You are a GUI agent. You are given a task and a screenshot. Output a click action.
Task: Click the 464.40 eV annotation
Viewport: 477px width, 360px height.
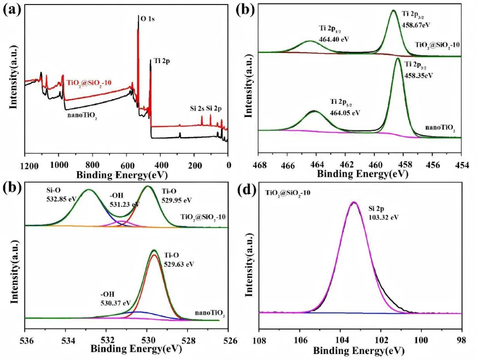tap(334, 38)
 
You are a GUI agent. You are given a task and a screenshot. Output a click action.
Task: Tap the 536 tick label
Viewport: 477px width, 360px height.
tap(26, 340)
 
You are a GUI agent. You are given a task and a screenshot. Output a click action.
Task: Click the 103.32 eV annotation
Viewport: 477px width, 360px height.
tap(383, 217)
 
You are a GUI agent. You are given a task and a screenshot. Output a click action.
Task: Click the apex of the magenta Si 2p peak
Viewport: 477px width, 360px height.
tap(353, 202)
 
